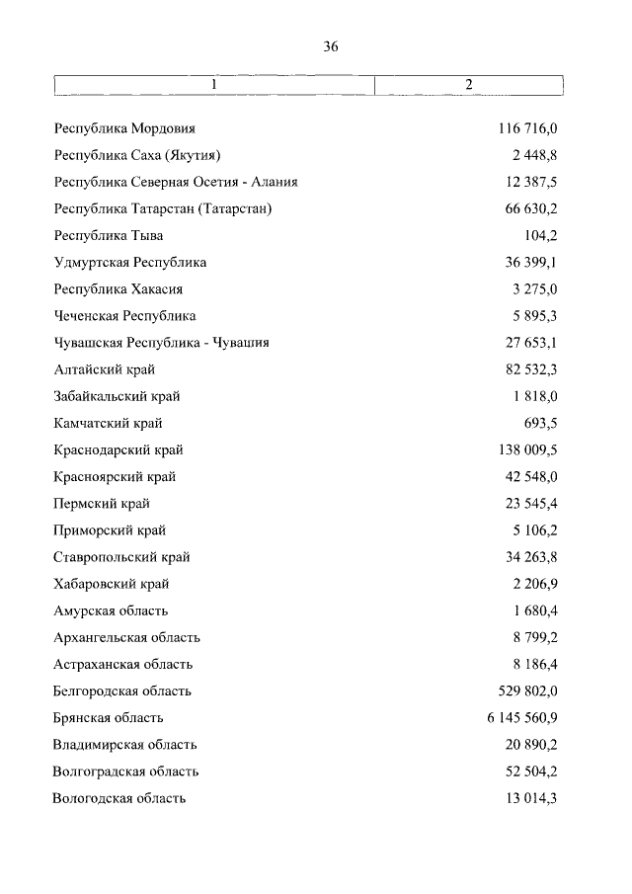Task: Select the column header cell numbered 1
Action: point(214,86)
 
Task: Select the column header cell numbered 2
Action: point(469,86)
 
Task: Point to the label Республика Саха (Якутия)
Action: point(137,156)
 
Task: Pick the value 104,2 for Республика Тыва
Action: point(540,236)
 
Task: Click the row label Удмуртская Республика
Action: point(130,263)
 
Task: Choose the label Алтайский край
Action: point(105,369)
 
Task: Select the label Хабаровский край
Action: point(112,583)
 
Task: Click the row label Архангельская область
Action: point(127,637)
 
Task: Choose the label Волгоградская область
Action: point(126,771)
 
